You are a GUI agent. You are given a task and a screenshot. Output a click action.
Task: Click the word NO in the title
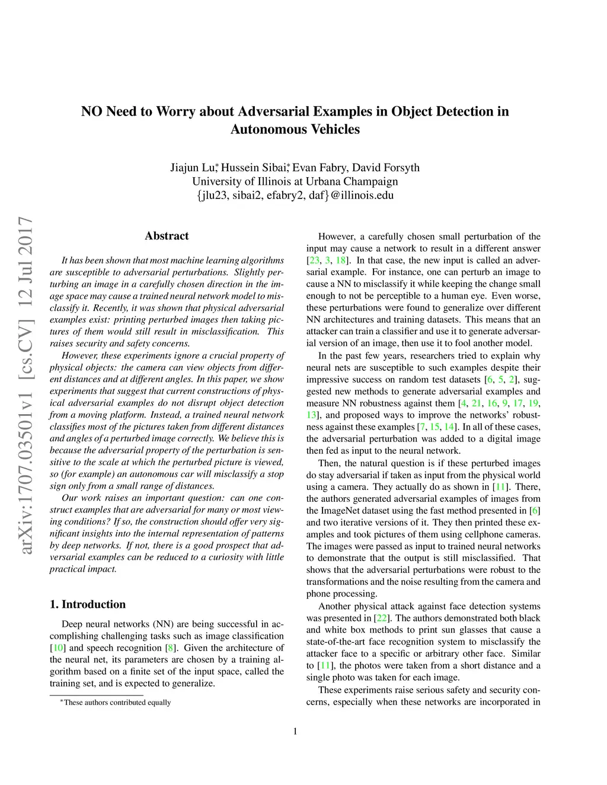(x=92, y=111)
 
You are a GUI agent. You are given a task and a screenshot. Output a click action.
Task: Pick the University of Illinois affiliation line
(x=295, y=181)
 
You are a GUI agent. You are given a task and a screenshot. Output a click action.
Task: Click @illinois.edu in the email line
(x=362, y=195)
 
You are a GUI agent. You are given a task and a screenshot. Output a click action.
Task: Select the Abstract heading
(x=167, y=236)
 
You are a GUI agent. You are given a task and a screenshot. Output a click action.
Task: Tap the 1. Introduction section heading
(x=88, y=604)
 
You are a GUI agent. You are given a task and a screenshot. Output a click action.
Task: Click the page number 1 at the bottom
(x=295, y=731)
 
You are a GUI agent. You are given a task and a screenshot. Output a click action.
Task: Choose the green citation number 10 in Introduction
(x=59, y=648)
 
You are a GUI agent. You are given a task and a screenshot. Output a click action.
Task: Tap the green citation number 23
(x=314, y=260)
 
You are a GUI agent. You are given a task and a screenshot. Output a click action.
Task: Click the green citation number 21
(x=477, y=403)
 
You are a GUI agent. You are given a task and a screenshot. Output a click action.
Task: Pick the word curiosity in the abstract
(x=229, y=557)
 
